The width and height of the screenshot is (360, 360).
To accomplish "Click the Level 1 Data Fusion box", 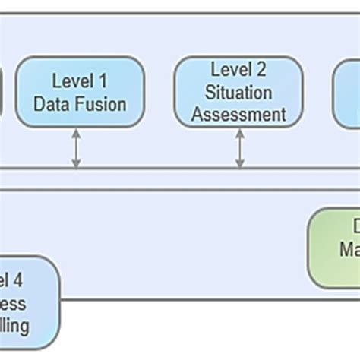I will (80, 91).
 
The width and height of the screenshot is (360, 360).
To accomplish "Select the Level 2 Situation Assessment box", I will (239, 91).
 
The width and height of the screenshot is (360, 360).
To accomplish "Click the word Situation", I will (239, 92).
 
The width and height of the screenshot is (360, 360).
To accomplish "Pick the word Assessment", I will (239, 114).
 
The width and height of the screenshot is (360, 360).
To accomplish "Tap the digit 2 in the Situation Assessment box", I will (261, 70).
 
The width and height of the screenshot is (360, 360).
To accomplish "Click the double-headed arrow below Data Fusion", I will (76, 148).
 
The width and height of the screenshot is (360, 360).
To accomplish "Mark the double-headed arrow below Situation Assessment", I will (240, 148).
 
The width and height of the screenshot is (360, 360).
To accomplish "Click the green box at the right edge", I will (334, 248).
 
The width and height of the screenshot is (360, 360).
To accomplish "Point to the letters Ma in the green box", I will (349, 249).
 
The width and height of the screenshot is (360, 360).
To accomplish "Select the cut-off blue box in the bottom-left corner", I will (27, 302).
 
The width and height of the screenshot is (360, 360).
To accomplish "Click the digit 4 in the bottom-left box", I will (18, 281).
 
